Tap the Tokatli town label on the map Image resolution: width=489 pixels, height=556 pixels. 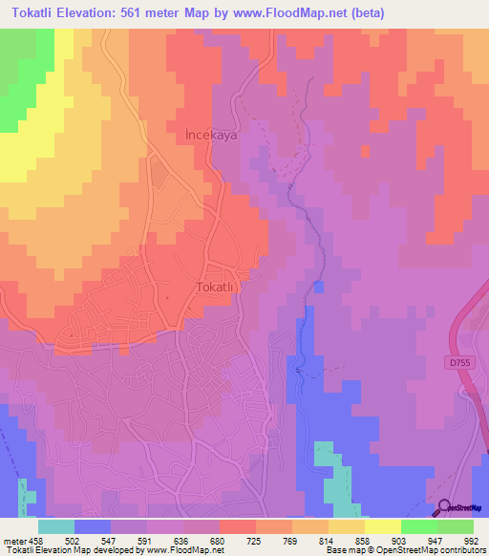pos(221,286)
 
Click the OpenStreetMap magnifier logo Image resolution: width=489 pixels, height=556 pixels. pos(446,507)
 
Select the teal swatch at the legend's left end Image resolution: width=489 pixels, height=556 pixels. pos(56,525)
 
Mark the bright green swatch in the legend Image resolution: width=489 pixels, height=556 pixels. pos(419,525)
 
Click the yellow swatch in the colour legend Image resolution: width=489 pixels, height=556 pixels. pos(383,525)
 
